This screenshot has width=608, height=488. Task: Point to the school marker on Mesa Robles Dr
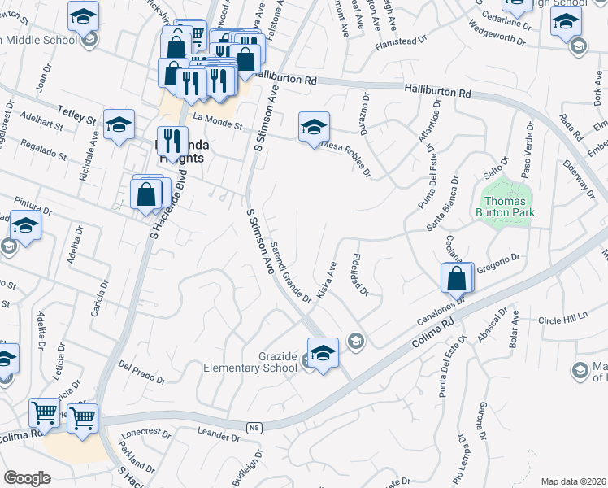click(314, 128)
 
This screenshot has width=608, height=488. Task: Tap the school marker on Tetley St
click(119, 126)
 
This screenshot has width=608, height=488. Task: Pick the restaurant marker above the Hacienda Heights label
click(171, 141)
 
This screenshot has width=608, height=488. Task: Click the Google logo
click(27, 478)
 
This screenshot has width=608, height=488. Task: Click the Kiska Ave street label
click(327, 280)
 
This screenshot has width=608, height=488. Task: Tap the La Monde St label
click(218, 120)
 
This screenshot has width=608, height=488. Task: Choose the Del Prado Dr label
click(142, 373)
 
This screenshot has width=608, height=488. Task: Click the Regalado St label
click(44, 150)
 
